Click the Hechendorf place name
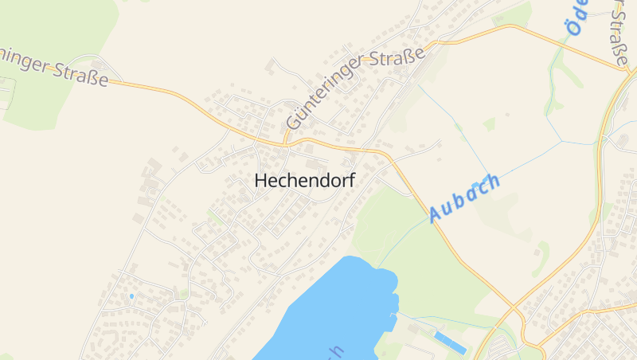click(304, 181)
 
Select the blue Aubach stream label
click(465, 198)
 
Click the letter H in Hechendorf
click(260, 181)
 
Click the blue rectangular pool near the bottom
click(451, 343)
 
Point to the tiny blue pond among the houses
click(131, 296)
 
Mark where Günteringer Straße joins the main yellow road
click(285, 143)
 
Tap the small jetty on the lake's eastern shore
click(395, 319)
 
